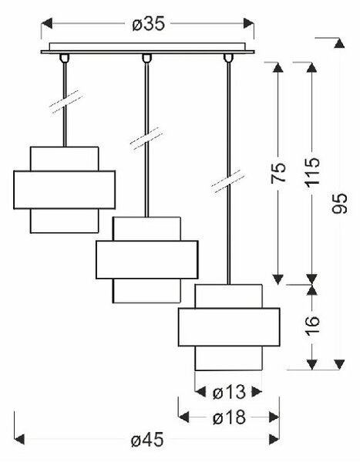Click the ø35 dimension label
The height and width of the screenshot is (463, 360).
tap(149, 24)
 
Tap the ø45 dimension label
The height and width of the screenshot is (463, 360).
tap(147, 440)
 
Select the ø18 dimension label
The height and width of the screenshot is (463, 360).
tap(229, 417)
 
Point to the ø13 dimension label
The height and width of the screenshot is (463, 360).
tap(229, 393)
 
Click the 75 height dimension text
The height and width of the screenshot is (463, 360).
tap(278, 172)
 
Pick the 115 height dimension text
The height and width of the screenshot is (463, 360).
tap(312, 172)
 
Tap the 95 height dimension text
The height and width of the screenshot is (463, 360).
tap(340, 204)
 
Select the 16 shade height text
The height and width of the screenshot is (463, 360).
tap(312, 326)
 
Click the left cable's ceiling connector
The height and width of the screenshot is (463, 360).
tap(64, 58)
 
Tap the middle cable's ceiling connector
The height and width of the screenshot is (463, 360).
tap(146, 58)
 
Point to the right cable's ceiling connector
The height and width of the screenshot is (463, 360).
tap(228, 58)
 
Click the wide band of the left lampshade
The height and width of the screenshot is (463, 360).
tap(64, 190)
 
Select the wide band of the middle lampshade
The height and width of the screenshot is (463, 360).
tap(147, 260)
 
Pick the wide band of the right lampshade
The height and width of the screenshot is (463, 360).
tap(229, 327)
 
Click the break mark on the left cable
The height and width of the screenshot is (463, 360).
tap(66, 101)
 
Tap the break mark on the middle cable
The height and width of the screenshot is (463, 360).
tap(146, 138)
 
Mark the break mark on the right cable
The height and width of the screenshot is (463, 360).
tap(228, 181)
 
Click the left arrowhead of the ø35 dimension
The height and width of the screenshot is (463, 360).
tap(46, 23)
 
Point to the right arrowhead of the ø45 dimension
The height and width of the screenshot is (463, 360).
tap(274, 439)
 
